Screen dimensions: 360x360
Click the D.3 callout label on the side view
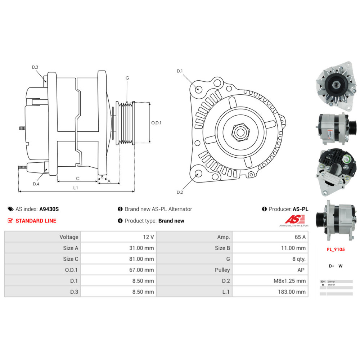(35, 67)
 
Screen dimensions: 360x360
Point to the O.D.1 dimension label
(156, 123)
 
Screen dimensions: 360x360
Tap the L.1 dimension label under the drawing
(76, 188)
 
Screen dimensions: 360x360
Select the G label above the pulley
(127, 78)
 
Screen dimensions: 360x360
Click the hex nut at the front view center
(239, 132)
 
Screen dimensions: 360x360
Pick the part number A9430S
(49, 209)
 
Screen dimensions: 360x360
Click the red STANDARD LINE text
(36, 221)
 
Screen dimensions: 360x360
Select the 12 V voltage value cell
(148, 237)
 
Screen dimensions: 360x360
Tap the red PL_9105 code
(335, 249)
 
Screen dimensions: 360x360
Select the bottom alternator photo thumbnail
(336, 220)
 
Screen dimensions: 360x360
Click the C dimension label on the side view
(77, 178)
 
